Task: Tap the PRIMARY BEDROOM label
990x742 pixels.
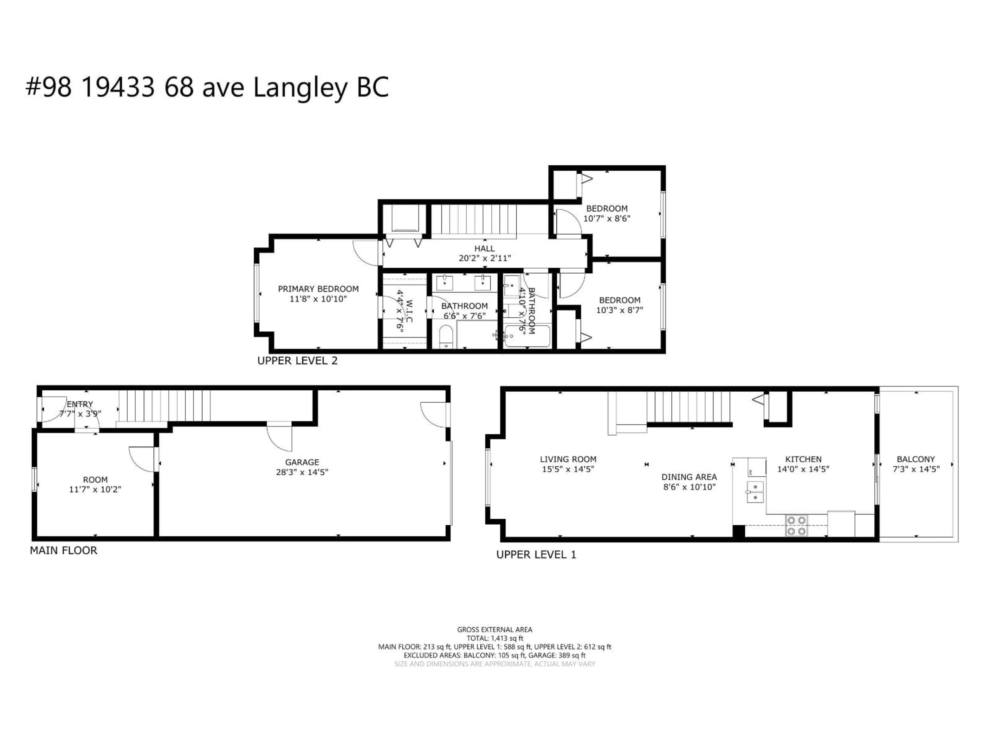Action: (x=318, y=289)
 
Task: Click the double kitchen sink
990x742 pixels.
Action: (x=755, y=492)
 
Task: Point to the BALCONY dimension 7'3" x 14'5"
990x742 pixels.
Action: (x=916, y=469)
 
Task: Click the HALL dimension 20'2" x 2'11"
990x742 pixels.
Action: (x=485, y=258)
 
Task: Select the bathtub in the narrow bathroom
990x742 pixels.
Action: (x=527, y=336)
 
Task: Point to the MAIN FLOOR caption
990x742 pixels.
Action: (x=64, y=551)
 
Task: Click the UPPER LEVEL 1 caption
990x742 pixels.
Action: (x=536, y=555)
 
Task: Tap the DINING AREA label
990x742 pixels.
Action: (x=689, y=477)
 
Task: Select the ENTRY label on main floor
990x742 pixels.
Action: (x=80, y=404)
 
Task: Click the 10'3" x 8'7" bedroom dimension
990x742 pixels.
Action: (x=620, y=310)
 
